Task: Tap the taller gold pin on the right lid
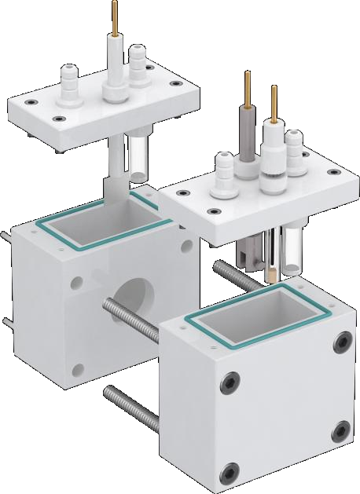point(247,88)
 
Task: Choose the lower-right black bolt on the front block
point(342,430)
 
